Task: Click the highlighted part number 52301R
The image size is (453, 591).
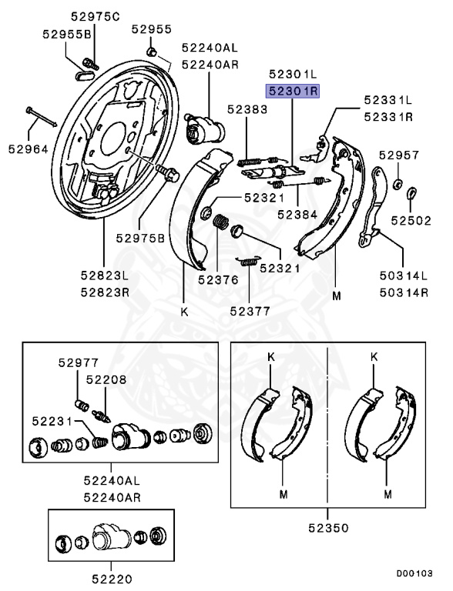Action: [x=293, y=90]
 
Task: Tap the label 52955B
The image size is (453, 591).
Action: [x=65, y=35]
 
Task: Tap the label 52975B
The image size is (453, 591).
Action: [x=139, y=239]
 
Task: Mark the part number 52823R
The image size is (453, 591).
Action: [x=103, y=293]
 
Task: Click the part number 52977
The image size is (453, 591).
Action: [x=77, y=362]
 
